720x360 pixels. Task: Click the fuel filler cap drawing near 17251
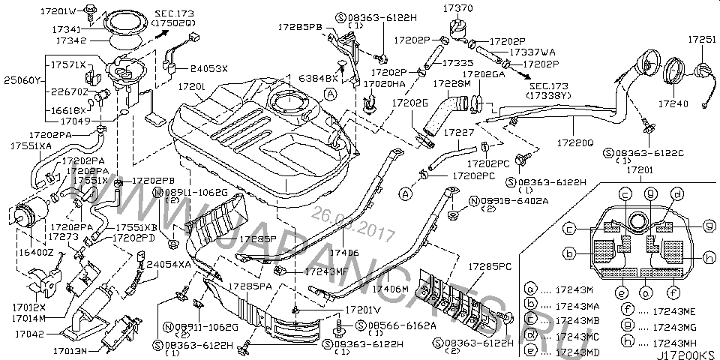pyautogui.click(x=703, y=70)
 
